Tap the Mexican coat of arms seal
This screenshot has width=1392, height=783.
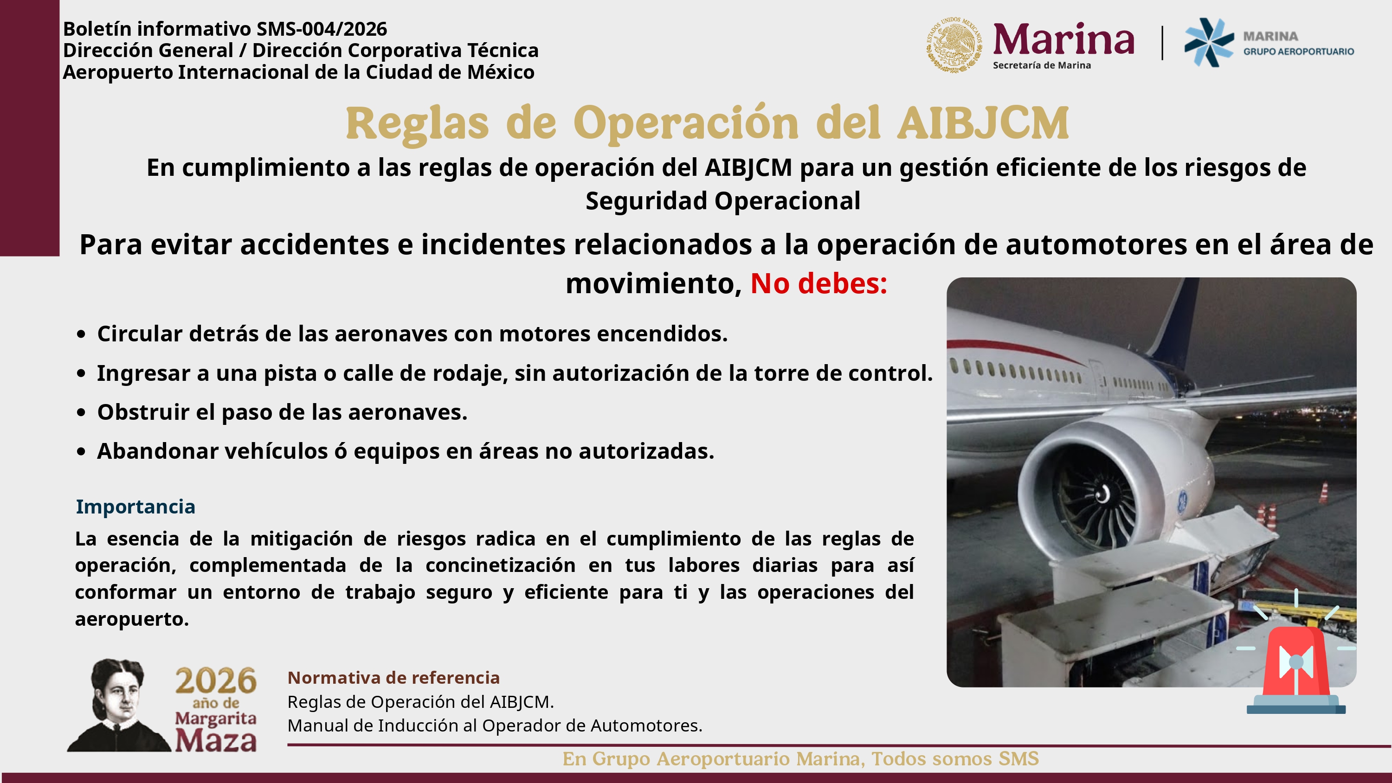tap(954, 45)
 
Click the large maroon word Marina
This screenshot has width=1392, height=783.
tap(1063, 39)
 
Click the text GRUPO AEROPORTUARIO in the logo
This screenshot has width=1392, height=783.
tap(1299, 51)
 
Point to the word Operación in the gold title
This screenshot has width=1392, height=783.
tap(686, 123)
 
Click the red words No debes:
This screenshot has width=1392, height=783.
tap(818, 283)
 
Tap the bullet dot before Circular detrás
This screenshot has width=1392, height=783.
tap(81, 334)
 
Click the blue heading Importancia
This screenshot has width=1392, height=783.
tap(135, 507)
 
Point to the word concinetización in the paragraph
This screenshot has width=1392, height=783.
tap(500, 565)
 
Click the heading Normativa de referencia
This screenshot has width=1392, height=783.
tap(393, 678)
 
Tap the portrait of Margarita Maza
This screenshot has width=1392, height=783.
tap(118, 705)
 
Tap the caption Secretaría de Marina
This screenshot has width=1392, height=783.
tap(1042, 65)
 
